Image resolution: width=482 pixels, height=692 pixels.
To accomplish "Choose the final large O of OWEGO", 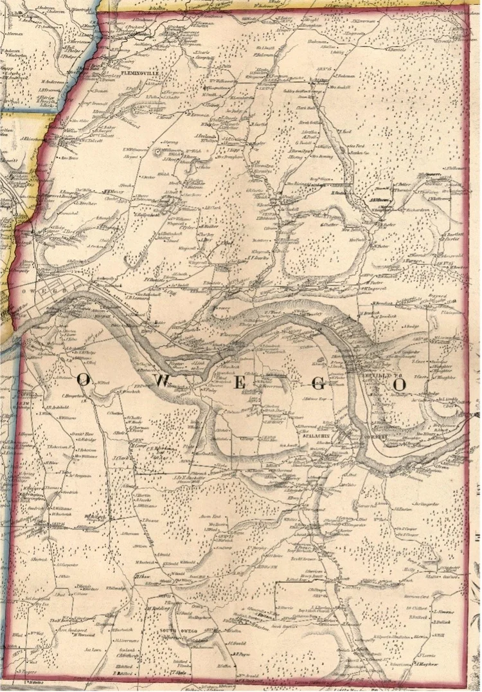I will [400, 383].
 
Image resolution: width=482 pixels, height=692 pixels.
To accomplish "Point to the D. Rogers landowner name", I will [26, 671].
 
